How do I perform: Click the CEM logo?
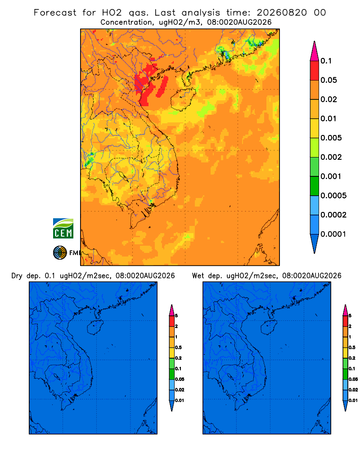click(x=63, y=228)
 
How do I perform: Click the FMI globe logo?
click(x=60, y=252)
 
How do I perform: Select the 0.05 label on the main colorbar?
click(x=328, y=80)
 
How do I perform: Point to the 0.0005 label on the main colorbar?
click(x=333, y=195)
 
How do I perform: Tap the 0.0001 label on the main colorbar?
click(x=333, y=234)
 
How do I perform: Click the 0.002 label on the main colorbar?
click(x=331, y=157)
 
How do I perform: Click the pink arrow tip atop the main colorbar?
click(x=315, y=42)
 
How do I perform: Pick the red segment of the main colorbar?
click(x=315, y=70)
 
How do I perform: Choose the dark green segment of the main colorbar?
click(x=315, y=186)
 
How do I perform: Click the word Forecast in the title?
click(x=55, y=13)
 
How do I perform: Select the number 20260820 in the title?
click(x=282, y=13)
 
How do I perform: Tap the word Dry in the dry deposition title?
click(x=17, y=276)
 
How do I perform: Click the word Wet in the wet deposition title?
click(x=198, y=276)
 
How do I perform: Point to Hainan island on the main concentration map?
click(x=183, y=99)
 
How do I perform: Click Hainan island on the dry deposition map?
click(x=95, y=328)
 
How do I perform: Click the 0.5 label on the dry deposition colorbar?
click(x=178, y=347)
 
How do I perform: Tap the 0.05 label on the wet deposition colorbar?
click(x=353, y=379)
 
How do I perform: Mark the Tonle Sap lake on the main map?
click(x=121, y=175)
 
